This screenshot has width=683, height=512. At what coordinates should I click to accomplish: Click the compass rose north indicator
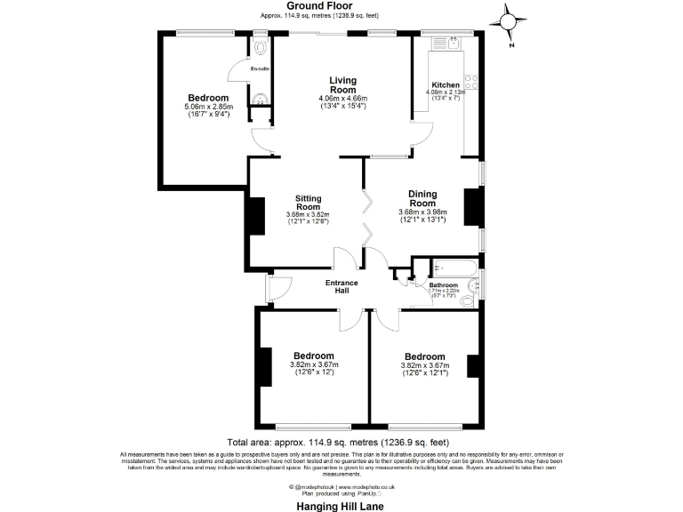[x=508, y=21]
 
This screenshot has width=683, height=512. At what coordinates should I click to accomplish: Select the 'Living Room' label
[x=342, y=84]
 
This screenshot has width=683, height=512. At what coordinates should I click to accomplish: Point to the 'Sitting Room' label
[x=308, y=202]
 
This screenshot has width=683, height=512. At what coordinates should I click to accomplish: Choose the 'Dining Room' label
[x=422, y=198]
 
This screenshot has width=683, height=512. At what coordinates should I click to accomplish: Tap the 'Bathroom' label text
[x=444, y=285]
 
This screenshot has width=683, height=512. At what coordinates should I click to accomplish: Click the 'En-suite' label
[x=259, y=68]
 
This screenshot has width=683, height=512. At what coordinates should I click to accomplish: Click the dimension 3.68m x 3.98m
[x=422, y=212]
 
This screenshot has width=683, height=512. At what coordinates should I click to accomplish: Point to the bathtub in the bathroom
[x=454, y=267]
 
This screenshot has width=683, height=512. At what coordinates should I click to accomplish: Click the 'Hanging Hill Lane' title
[x=341, y=503]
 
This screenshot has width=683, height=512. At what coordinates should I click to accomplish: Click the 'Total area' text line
[x=338, y=442]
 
